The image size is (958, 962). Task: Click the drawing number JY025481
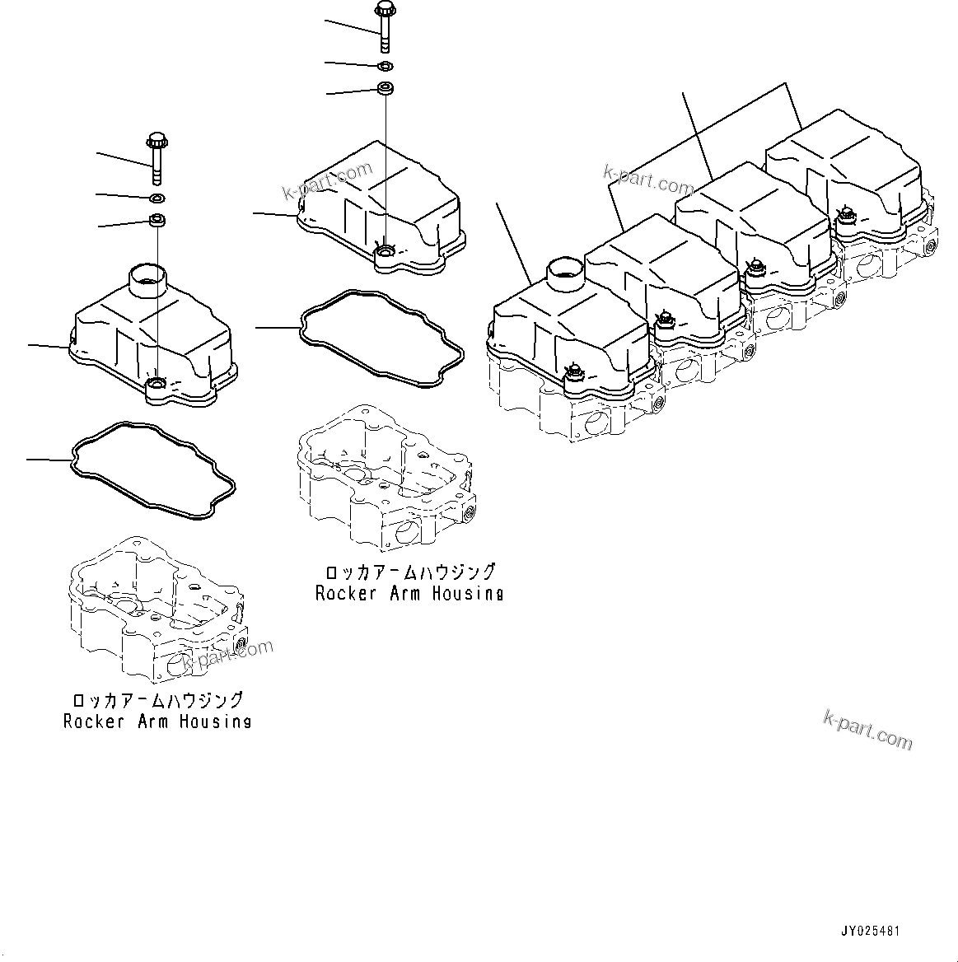coord(871,932)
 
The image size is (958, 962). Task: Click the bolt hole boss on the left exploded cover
coord(157,384)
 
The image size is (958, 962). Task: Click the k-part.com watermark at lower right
coord(867,730)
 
